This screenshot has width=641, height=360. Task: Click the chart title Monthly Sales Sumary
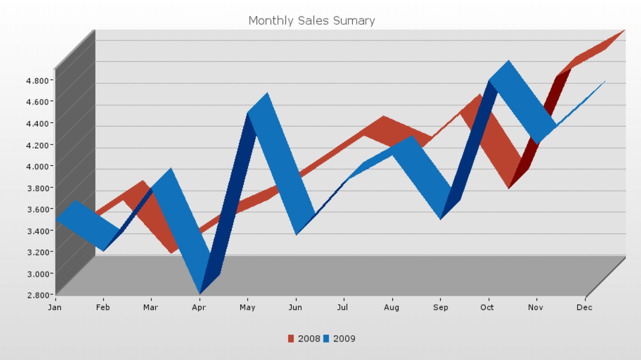coord(311,21)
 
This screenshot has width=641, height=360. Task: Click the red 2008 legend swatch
coord(291,339)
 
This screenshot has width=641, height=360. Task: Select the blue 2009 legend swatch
coord(327,339)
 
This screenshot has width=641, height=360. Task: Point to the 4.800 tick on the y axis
coord(38,80)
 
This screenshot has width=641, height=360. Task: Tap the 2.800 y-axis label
coord(38,295)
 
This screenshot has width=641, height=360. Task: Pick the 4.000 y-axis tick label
coord(38,166)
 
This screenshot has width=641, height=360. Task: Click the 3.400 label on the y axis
coord(38,231)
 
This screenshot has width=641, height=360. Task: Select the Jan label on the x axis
coord(55,307)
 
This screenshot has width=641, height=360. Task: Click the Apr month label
coord(199,307)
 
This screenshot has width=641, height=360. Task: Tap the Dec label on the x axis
coord(584,307)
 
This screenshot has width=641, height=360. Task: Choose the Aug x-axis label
coord(391,307)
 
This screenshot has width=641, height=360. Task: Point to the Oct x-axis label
coord(487,307)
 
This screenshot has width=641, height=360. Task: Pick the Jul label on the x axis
coord(343,307)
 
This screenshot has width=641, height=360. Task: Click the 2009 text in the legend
coord(344,339)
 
